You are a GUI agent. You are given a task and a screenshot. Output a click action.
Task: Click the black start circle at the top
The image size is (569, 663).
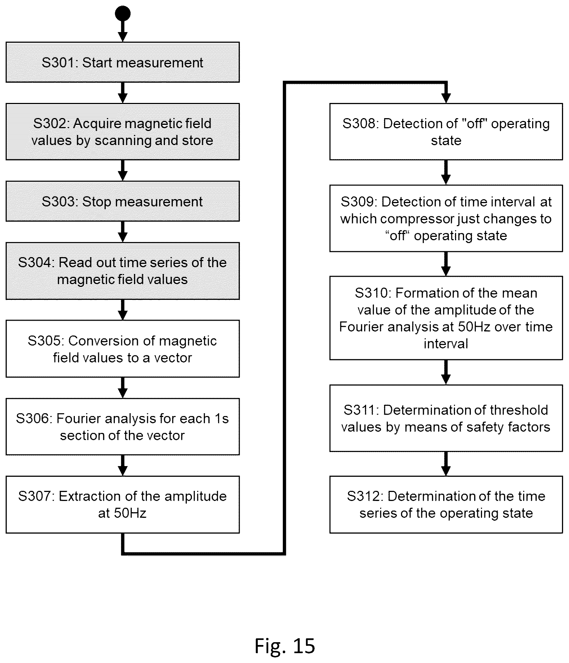(x=123, y=14)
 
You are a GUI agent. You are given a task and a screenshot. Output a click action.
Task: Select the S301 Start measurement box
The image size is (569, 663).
(x=123, y=62)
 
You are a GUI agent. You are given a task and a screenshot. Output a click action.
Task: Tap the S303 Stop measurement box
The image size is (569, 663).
(x=123, y=201)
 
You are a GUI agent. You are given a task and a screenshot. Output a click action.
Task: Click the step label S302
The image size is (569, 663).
(x=51, y=123)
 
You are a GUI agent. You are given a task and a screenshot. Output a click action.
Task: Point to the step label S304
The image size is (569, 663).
(x=36, y=262)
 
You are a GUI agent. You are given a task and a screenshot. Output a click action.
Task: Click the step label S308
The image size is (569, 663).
(x=360, y=123)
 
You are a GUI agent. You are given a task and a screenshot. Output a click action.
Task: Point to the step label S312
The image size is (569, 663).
(x=364, y=496)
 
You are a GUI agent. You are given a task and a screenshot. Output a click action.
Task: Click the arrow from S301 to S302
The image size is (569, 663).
(x=123, y=93)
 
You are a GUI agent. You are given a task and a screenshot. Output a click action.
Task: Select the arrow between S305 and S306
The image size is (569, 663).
(x=123, y=388)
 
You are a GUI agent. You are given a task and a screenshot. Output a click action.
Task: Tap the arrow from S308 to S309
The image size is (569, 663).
(x=446, y=172)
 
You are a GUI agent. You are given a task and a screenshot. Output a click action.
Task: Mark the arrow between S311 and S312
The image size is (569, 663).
(x=446, y=464)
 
